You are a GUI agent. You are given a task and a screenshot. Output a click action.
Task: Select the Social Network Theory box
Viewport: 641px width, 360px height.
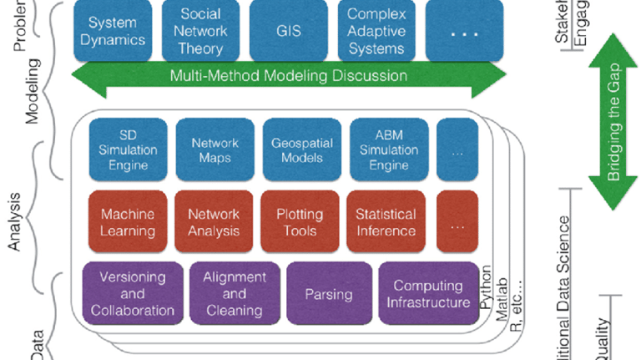200,32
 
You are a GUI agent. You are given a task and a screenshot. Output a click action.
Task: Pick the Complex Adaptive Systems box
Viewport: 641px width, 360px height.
376,32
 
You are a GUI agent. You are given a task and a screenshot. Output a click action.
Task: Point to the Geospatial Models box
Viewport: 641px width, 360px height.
301,150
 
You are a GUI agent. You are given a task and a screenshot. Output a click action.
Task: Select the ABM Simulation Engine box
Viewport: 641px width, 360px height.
388,150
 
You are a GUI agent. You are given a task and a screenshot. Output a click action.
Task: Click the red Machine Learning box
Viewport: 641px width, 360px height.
128,222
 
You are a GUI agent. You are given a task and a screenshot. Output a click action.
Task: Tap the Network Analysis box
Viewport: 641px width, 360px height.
214,222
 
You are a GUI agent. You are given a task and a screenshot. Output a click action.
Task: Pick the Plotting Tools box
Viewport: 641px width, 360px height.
300,222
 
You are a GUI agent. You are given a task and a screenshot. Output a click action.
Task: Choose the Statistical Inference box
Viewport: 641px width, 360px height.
386,222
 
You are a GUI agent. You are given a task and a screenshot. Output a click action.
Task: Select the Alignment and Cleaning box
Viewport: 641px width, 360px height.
235,294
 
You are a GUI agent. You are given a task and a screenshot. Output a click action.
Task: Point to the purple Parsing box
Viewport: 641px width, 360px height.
328,294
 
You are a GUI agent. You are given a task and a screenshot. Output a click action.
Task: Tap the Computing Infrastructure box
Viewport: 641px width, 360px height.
427,294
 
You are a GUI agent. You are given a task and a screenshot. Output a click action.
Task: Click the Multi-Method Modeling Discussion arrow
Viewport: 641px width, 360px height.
289,76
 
